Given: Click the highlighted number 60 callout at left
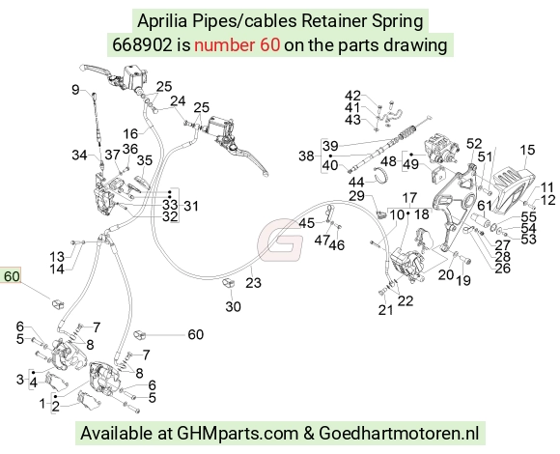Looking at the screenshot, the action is tap(11, 276).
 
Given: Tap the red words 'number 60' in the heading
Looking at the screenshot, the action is tap(238, 45).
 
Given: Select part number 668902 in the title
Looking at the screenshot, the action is tap(142, 45).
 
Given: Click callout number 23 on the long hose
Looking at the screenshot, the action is tap(253, 283).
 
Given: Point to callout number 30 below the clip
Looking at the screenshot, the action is tap(233, 306).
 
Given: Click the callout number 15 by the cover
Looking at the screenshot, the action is tap(527, 150).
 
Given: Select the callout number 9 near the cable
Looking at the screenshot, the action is tap(75, 89).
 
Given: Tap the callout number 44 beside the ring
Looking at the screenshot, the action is tap(356, 183).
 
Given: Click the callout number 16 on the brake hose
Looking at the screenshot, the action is tap(130, 134).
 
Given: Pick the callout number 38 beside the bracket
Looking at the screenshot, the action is tap(306, 156).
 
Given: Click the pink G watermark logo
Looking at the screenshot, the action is tap(280, 240).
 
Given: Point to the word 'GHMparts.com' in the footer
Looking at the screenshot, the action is tap(238, 434).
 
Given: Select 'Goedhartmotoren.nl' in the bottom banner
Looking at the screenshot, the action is tap(398, 434).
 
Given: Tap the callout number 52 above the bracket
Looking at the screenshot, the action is tap(474, 144).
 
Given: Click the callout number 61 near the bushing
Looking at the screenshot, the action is tap(485, 206).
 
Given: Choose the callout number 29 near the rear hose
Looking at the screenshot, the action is tap(356, 196).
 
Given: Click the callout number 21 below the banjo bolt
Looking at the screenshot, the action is tap(385, 310).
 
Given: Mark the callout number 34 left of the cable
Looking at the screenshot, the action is tap(79, 155).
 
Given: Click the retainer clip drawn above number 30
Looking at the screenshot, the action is tap(228, 283).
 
